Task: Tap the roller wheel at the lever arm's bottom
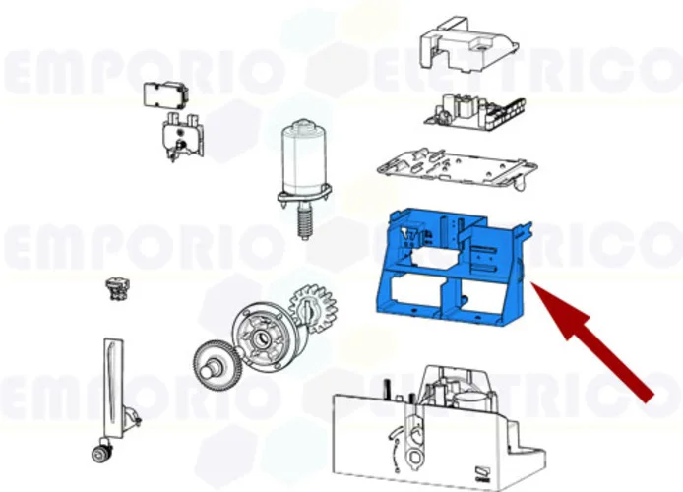click(x=99, y=453)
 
